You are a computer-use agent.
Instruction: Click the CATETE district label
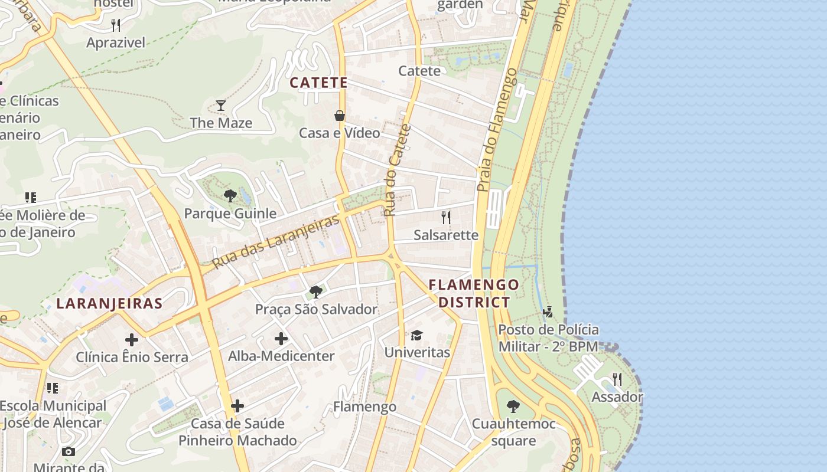click(x=318, y=83)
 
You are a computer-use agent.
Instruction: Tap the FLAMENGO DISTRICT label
click(x=474, y=293)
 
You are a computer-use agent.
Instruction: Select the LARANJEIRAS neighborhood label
click(x=109, y=303)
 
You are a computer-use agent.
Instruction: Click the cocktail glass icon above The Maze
click(x=221, y=106)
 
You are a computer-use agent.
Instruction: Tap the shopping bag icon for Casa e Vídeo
click(x=340, y=116)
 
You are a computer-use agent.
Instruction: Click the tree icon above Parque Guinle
click(x=230, y=196)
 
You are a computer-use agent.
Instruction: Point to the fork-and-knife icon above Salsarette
click(x=446, y=218)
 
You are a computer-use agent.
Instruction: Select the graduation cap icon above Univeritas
click(x=416, y=335)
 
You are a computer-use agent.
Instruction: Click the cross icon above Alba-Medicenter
click(x=281, y=339)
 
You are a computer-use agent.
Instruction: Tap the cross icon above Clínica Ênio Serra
click(x=132, y=340)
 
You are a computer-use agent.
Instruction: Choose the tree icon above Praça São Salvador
click(x=316, y=291)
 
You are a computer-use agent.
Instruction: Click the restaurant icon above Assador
click(x=617, y=379)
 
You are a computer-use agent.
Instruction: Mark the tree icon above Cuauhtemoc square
click(x=513, y=406)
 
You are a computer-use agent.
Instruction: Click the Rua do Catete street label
click(x=397, y=170)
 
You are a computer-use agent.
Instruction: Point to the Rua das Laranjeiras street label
click(x=276, y=241)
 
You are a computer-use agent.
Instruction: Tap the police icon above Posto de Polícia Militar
click(x=548, y=312)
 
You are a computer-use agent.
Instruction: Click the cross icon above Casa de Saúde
click(x=237, y=406)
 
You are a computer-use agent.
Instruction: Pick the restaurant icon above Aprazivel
click(x=116, y=25)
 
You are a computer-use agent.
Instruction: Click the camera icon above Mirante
click(x=69, y=451)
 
